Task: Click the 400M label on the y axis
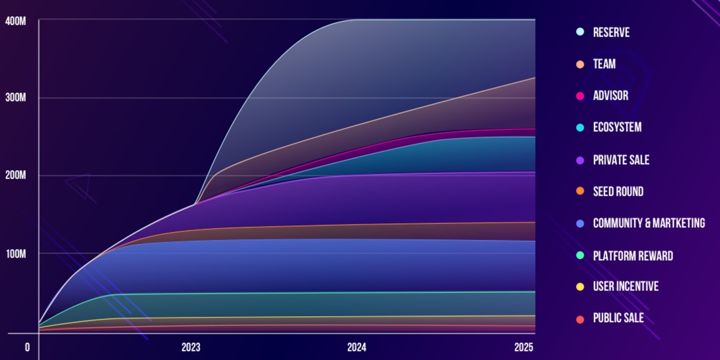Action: pos(14,21)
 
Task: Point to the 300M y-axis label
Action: pos(14,98)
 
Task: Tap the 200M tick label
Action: pos(14,176)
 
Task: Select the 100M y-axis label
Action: pos(14,253)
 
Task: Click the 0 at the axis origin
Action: pos(27,347)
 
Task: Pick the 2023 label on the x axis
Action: pos(191,347)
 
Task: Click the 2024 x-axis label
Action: pos(356,347)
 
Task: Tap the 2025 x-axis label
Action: pos(523,347)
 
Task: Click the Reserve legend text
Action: pos(611,32)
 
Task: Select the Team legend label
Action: pos(604,64)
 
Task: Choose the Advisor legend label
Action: pos(611,96)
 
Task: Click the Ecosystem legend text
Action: pos(617,128)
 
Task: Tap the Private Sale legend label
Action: pos(621,160)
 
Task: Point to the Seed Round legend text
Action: pos(618,192)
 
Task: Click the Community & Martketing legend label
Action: pos(649,223)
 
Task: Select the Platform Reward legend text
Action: pos(633,256)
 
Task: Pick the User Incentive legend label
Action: pos(626,287)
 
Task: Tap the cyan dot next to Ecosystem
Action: pos(580,128)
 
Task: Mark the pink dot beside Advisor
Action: pos(580,96)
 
